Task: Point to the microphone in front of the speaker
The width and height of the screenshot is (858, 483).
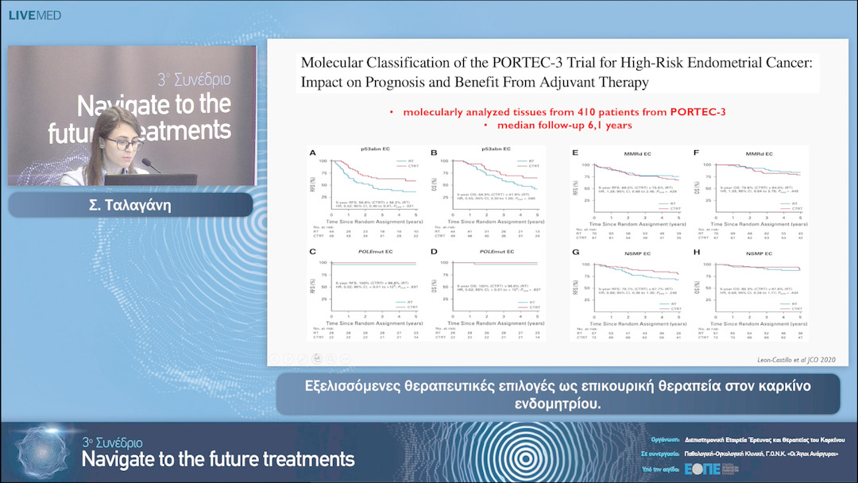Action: point(151,166)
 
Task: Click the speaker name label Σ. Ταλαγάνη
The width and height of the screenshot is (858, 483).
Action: point(131,204)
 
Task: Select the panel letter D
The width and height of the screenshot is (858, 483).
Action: point(434,252)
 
